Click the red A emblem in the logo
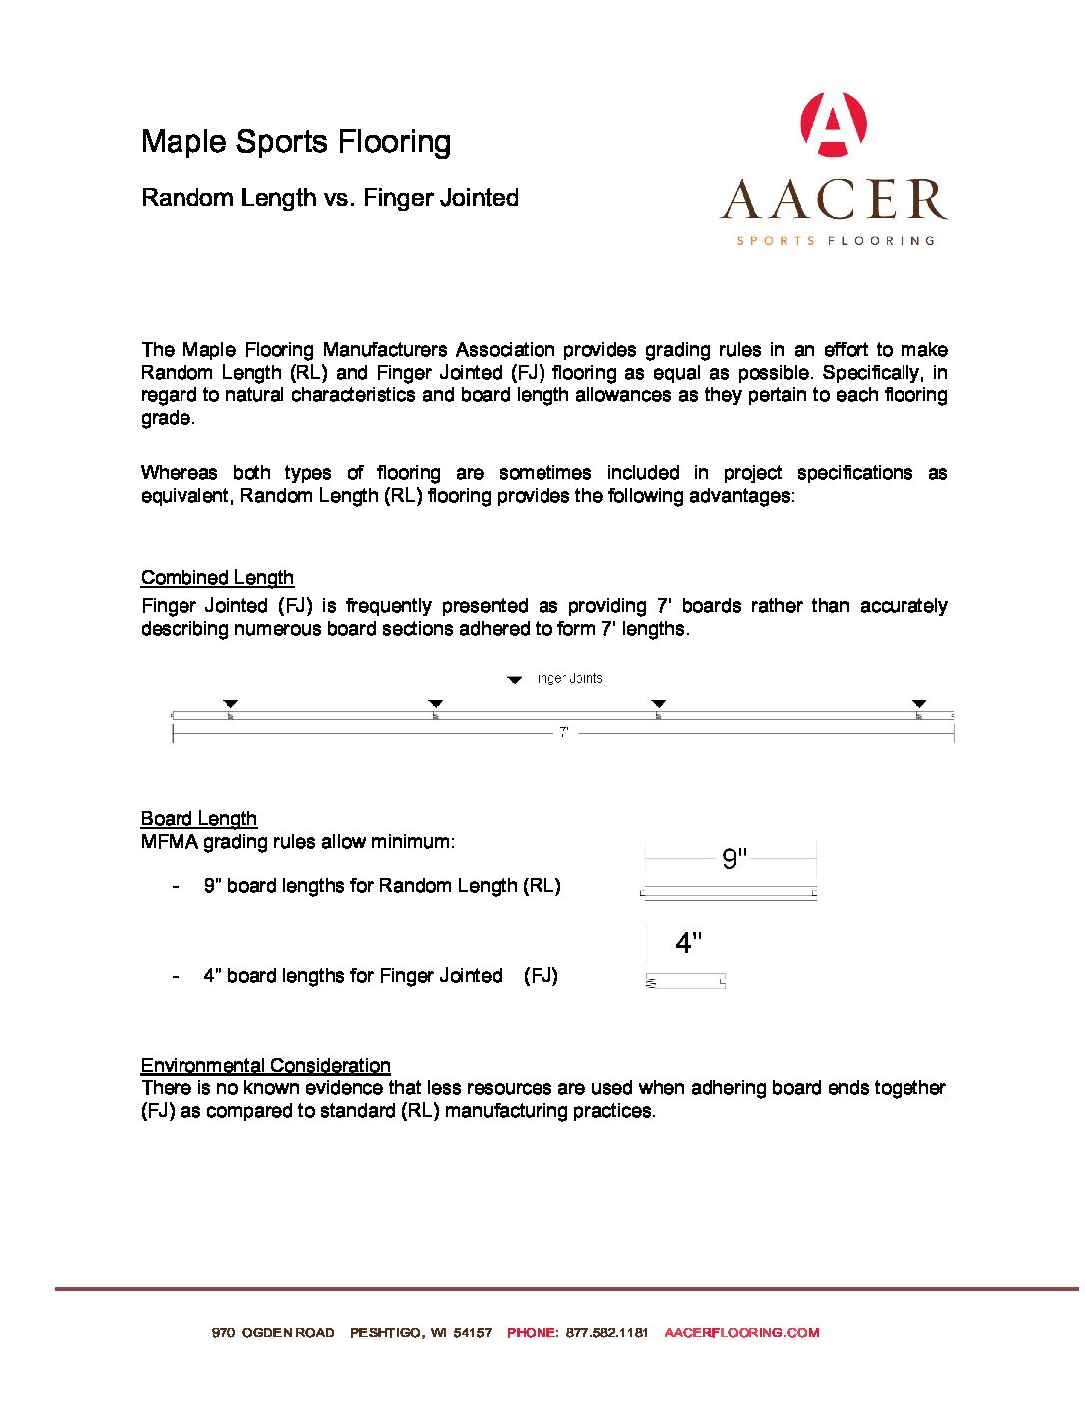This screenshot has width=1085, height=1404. pos(833,125)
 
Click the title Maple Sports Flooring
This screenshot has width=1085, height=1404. pos(295,142)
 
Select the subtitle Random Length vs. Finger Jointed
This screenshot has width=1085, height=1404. pos(329,198)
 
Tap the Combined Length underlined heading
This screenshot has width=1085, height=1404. pos(216,578)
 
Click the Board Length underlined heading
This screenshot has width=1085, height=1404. pos(198,819)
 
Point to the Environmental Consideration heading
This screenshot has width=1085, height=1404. pos(265,1065)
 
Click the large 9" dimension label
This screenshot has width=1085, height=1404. pos(734,859)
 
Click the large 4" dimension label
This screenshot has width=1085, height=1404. pos(688,943)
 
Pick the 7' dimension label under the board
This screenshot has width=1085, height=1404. pos(564,732)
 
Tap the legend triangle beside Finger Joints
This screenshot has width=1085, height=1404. pos(515,680)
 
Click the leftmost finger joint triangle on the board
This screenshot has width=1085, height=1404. pos(231,704)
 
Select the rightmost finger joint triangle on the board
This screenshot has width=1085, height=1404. pos(919,704)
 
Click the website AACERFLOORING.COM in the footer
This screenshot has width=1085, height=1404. pos(741,1332)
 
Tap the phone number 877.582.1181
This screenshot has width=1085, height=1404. pos(607,1332)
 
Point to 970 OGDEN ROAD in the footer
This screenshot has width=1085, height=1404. pos(273,1332)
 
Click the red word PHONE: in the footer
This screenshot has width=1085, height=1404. pos(533,1332)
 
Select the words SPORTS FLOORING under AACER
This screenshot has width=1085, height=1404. pos(836,241)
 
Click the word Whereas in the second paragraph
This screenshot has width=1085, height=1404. pos(179,473)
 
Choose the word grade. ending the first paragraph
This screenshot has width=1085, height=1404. pos(168,418)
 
